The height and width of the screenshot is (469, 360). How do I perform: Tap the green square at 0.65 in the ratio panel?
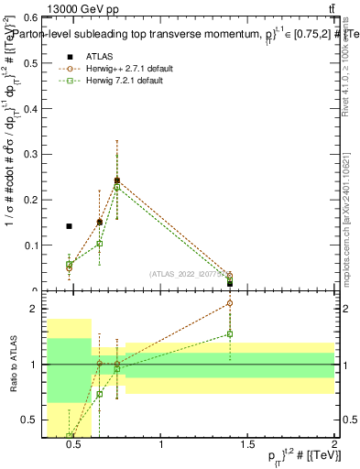(x=99, y=394)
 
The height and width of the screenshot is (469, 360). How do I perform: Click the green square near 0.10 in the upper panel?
(x=99, y=244)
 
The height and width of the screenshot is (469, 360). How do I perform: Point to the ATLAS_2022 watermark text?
(x=186, y=273)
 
